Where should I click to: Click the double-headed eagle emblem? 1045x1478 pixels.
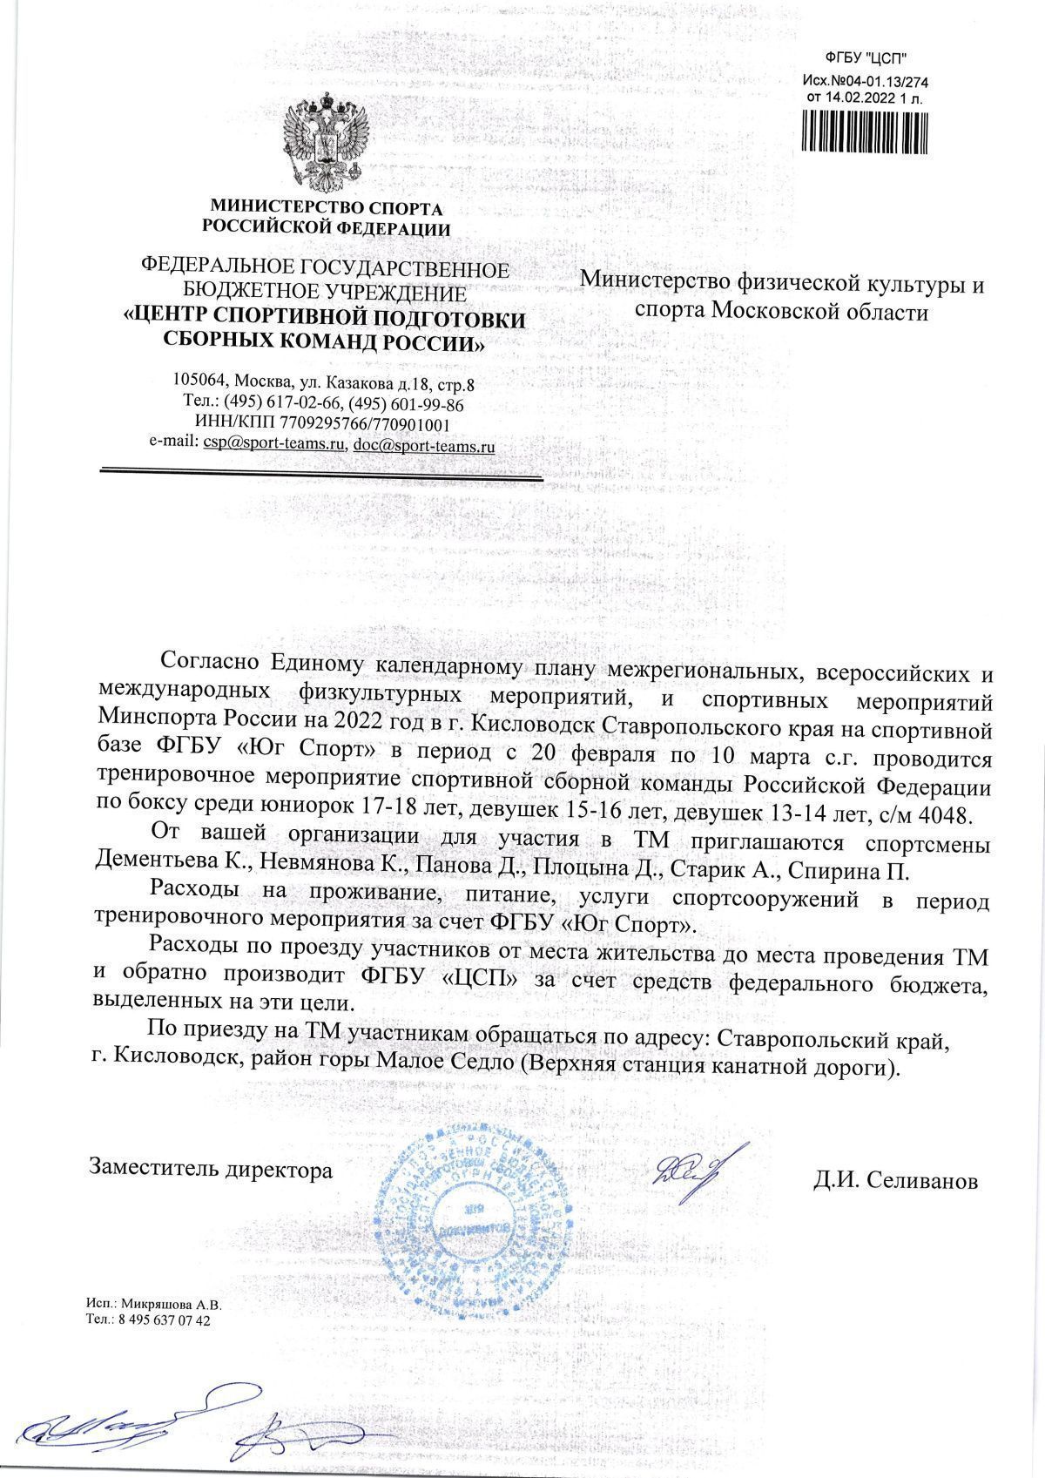point(324,144)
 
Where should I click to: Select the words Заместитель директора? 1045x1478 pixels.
point(212,1169)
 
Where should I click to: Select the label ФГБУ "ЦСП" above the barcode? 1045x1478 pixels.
point(866,60)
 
